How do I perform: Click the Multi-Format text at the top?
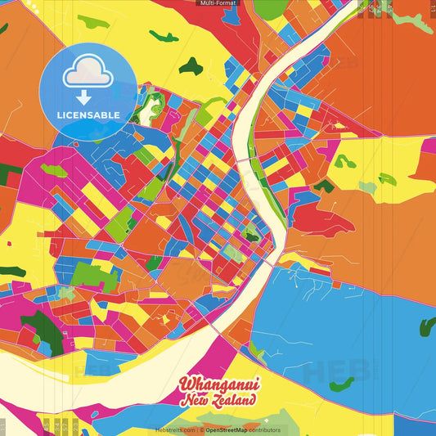(218, 3)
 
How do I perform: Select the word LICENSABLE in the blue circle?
(88, 115)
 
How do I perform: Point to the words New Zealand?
(218, 400)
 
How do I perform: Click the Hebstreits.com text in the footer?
(175, 429)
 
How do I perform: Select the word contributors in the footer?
(266, 429)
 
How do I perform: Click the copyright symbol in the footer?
(200, 429)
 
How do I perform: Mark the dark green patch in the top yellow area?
(191, 65)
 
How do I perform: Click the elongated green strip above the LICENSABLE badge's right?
(164, 36)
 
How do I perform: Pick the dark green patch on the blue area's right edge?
(428, 327)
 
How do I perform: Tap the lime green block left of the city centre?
(120, 220)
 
